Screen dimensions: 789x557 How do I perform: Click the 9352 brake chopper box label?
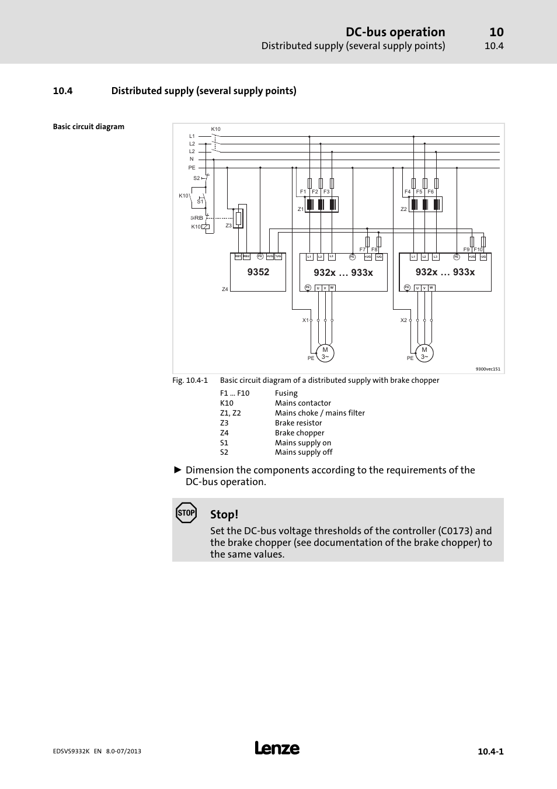point(258,272)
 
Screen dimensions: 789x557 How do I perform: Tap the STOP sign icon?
point(186,513)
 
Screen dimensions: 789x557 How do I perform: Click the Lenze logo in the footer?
point(277,749)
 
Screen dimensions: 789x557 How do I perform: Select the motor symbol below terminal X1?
point(325,353)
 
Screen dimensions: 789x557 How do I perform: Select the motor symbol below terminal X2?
point(424,353)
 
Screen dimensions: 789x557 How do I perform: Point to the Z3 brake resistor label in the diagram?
point(229,226)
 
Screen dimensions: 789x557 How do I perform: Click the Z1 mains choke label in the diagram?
point(301,209)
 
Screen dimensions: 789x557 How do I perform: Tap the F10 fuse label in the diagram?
point(478,250)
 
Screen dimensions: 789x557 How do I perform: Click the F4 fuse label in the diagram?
point(408,192)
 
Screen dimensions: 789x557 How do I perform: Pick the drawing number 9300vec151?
point(488,369)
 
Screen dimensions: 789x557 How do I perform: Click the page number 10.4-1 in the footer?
point(490,752)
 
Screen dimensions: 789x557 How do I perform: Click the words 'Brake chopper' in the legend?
point(300,433)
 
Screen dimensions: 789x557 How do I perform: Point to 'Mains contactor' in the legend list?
point(303,403)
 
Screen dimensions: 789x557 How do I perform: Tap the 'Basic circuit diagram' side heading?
point(89,127)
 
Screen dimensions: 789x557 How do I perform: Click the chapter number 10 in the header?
point(496,32)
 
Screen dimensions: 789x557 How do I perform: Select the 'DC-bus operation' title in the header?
point(395,32)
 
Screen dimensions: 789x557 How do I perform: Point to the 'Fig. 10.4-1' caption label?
point(190,380)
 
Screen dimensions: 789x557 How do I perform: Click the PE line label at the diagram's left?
point(192,168)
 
